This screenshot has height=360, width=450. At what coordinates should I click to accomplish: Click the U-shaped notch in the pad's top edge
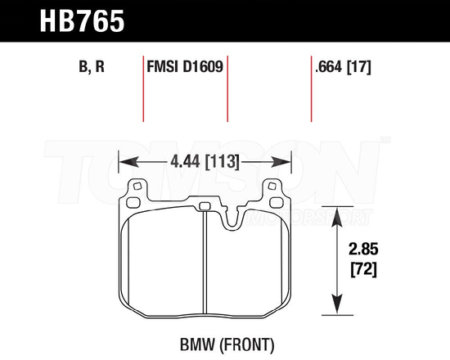click(x=233, y=219)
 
